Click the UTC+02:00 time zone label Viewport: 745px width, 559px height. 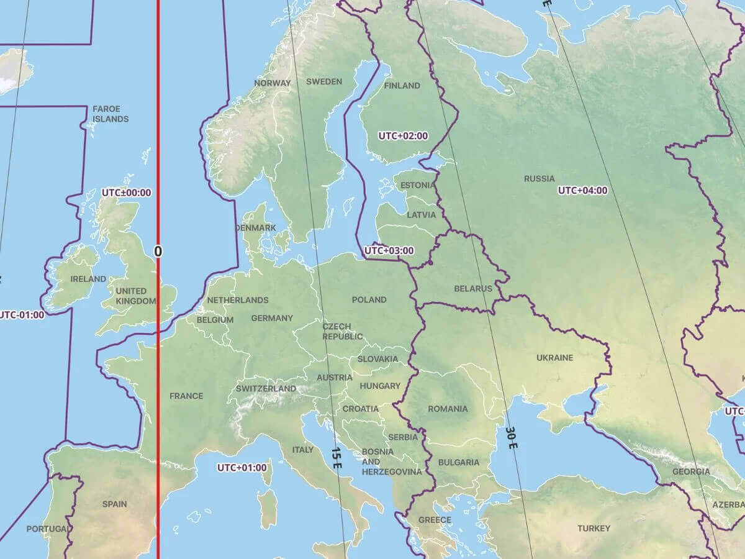[x=403, y=135]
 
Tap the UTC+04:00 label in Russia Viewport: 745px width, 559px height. [x=582, y=190]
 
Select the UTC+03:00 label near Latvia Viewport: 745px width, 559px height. [x=389, y=251]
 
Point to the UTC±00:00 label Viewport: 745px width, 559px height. [x=126, y=193]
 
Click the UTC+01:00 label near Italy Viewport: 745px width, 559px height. [x=242, y=468]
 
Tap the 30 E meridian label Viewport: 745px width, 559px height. [x=511, y=438]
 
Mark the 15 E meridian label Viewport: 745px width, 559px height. [x=336, y=458]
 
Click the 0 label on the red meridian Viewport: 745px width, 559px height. [x=158, y=251]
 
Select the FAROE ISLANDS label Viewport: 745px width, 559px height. [x=111, y=114]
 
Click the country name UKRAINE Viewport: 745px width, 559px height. [x=554, y=358]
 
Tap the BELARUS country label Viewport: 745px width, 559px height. [x=472, y=288]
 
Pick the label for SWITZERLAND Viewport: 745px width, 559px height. [x=266, y=389]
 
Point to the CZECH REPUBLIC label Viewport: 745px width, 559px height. [x=342, y=332]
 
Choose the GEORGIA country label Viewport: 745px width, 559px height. [x=690, y=471]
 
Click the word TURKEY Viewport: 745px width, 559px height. [x=594, y=529]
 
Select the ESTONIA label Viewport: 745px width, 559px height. [x=418, y=185]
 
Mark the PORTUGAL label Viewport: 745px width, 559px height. [x=47, y=529]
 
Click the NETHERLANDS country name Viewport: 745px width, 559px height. [x=238, y=300]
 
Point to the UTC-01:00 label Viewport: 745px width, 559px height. [x=22, y=314]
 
